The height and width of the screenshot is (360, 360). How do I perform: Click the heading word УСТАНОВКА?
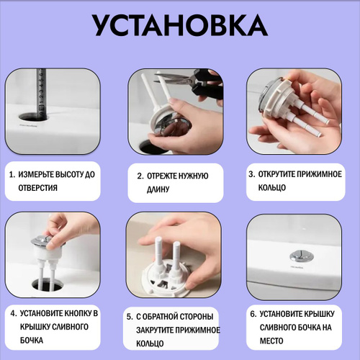pyautogui.click(x=180, y=25)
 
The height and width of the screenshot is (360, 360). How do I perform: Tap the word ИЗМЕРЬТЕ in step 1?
pyautogui.click(x=37, y=174)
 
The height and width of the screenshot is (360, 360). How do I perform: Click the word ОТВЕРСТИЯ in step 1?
pyautogui.click(x=38, y=188)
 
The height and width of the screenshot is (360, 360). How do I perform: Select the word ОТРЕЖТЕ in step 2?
pyautogui.click(x=161, y=176)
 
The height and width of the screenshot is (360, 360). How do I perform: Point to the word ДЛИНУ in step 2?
pyautogui.click(x=158, y=189)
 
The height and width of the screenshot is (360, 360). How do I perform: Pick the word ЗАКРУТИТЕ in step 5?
pyautogui.click(x=155, y=330)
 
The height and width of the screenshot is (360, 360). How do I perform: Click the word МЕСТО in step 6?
pyautogui.click(x=271, y=341)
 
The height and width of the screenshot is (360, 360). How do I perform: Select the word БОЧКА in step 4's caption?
pyautogui.click(x=32, y=341)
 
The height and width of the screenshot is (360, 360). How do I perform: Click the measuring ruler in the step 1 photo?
pyautogui.click(x=41, y=94)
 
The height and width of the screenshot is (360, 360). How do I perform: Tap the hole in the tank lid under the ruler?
pyautogui.click(x=34, y=117)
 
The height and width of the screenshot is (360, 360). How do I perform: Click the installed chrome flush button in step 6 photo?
pyautogui.click(x=298, y=256)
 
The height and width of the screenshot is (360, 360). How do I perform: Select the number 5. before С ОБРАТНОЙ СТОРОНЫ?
pyautogui.click(x=130, y=317)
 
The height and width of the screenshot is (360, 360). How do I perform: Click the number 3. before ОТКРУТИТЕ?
pyautogui.click(x=251, y=174)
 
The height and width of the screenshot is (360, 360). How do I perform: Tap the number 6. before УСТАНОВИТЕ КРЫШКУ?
pyautogui.click(x=253, y=314)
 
